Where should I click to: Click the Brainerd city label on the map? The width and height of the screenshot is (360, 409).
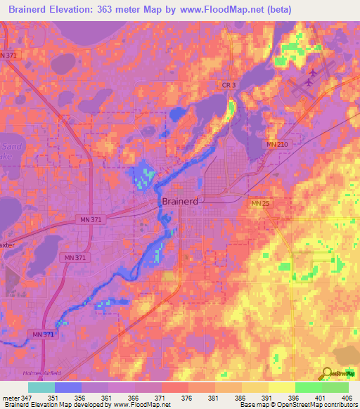[179, 202]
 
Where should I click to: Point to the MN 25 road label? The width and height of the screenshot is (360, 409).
[260, 204]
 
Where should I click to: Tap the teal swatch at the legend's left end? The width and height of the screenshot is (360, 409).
[41, 387]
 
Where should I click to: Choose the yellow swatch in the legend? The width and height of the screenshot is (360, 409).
[281, 387]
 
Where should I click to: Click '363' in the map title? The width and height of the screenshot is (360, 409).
[119, 10]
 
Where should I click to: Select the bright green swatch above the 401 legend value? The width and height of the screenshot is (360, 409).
[308, 387]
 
